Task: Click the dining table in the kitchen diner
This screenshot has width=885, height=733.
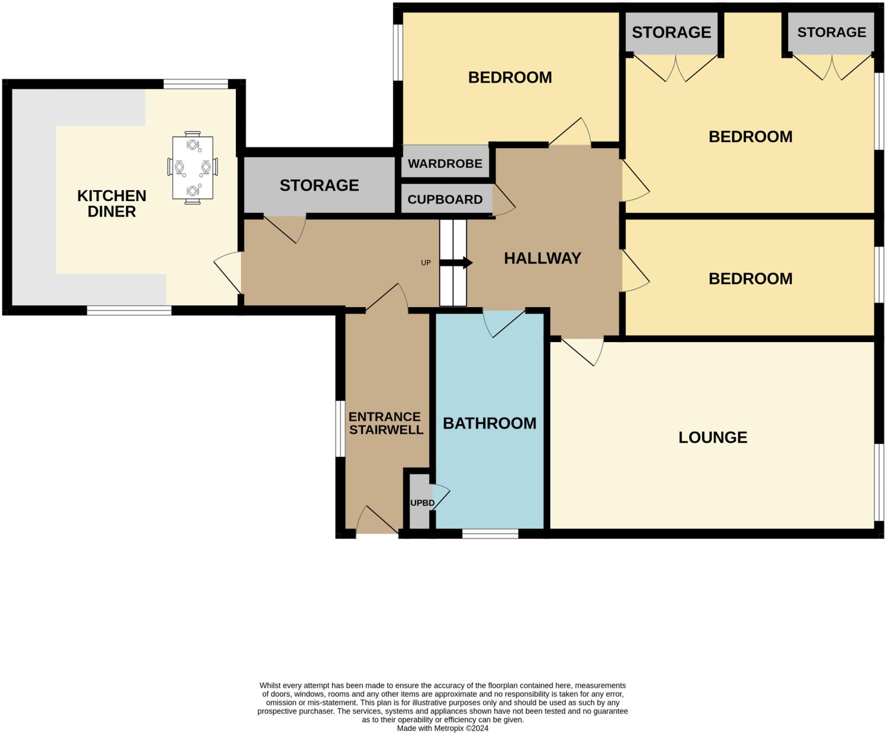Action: (192, 167)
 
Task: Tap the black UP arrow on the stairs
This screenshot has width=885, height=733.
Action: (456, 262)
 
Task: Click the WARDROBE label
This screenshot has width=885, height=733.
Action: (445, 163)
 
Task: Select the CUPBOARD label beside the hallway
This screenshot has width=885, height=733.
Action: (445, 199)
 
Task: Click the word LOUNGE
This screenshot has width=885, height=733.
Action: (713, 437)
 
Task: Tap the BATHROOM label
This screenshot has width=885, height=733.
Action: (489, 423)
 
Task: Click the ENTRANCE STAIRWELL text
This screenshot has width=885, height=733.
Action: (385, 423)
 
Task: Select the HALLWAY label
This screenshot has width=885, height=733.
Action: (542, 258)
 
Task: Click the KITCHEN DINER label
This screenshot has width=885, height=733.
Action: (112, 203)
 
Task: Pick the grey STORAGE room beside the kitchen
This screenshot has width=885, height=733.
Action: (319, 185)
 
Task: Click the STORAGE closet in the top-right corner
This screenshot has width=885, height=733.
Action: (831, 32)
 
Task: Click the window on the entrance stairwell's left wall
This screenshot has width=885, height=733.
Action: (341, 429)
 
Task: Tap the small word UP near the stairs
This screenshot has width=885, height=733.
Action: (426, 262)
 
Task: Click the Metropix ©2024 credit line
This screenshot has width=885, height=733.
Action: (442, 728)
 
